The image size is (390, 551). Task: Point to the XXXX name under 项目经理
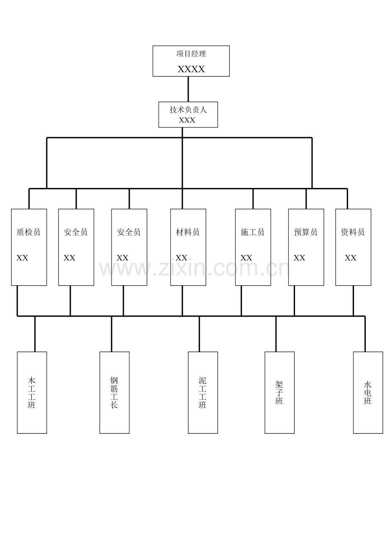tap(191, 69)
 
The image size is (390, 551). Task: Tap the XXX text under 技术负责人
tap(187, 120)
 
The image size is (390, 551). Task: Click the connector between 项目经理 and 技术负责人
tap(188, 89)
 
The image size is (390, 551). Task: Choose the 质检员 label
tap(28, 232)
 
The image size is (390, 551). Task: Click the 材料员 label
tap(187, 232)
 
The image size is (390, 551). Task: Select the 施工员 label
tap(252, 232)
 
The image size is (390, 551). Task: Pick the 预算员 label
tap(306, 232)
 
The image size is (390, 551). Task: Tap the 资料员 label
tap(353, 232)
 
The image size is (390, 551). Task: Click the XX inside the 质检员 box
tap(22, 258)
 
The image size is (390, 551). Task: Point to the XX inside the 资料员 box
tap(351, 258)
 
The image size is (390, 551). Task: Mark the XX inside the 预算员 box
tap(299, 258)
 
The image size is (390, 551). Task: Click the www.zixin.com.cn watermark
tap(194, 268)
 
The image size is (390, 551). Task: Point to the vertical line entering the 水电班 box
tap(365, 334)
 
